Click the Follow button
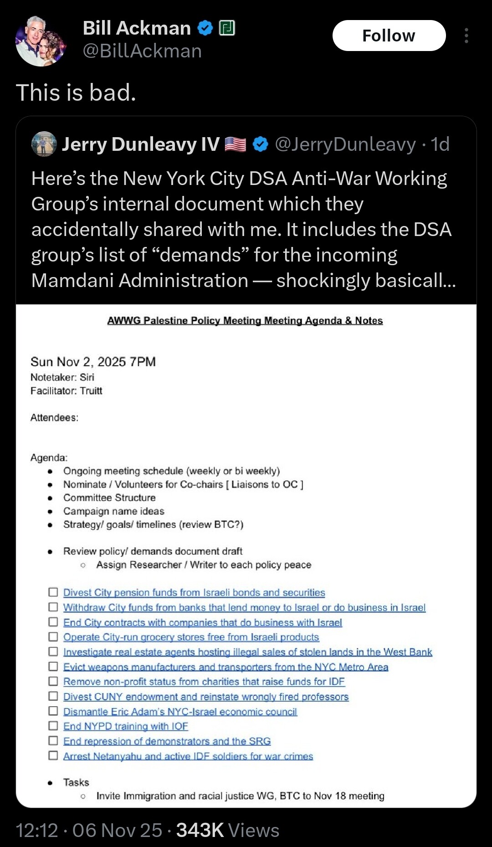pos(389,36)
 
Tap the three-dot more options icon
pos(466,36)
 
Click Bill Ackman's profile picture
pos(41,41)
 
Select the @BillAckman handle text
pos(142,51)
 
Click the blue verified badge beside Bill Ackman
pos(205,28)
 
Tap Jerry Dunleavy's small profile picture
pos(44,144)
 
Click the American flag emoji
pos(236,144)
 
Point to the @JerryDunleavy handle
pos(345,144)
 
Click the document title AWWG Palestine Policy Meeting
pos(245,321)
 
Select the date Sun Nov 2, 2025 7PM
pos(93,362)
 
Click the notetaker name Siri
pos(87,377)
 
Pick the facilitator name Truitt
pos(91,391)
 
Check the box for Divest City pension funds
pos(53,592)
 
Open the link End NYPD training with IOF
pos(125,726)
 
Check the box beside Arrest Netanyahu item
pos(53,755)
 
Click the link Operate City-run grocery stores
pos(191,637)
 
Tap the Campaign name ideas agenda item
pos(113,511)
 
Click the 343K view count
pos(200,830)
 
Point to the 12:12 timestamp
pos(37,830)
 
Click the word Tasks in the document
pos(76,782)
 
